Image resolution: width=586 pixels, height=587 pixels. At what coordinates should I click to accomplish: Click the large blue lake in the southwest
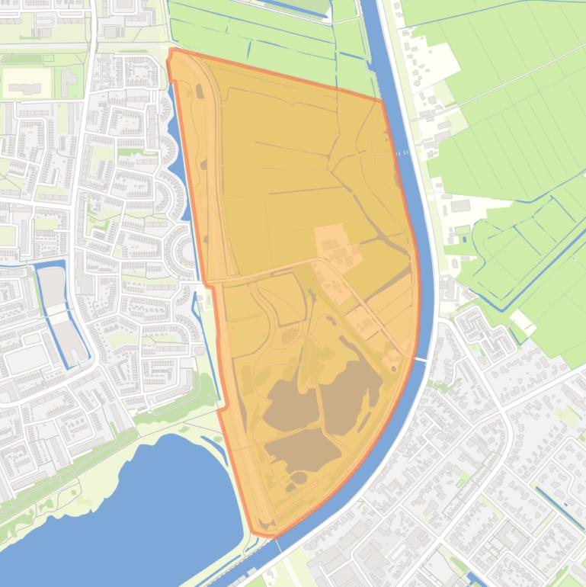pos(130,503)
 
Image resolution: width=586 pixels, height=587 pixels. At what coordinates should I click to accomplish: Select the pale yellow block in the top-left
pos(30,82)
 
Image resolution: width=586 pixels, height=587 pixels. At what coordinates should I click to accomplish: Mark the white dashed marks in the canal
pos(402,152)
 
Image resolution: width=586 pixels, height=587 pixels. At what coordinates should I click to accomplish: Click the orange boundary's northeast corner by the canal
pos(381,100)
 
